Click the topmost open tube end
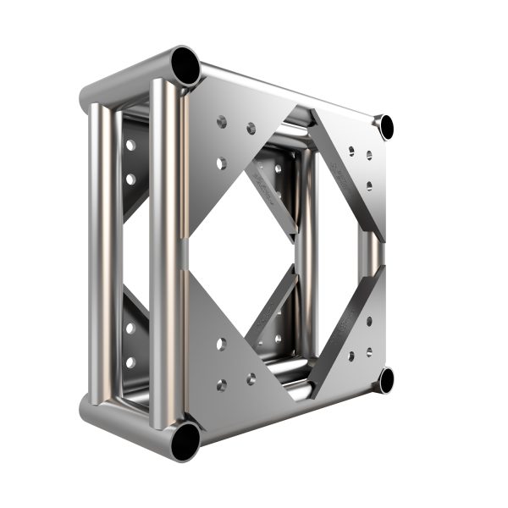(x=185, y=64)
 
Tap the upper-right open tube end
(x=386, y=127)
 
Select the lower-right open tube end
(x=386, y=380)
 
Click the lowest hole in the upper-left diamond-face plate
(x=221, y=161)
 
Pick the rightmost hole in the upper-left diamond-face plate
(x=251, y=129)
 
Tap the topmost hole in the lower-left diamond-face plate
(x=221, y=344)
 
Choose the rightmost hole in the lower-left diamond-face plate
(x=251, y=378)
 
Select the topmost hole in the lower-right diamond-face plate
(x=369, y=321)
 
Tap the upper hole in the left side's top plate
(x=130, y=145)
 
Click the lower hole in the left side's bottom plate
(x=130, y=362)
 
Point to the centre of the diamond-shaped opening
(x=254, y=254)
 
